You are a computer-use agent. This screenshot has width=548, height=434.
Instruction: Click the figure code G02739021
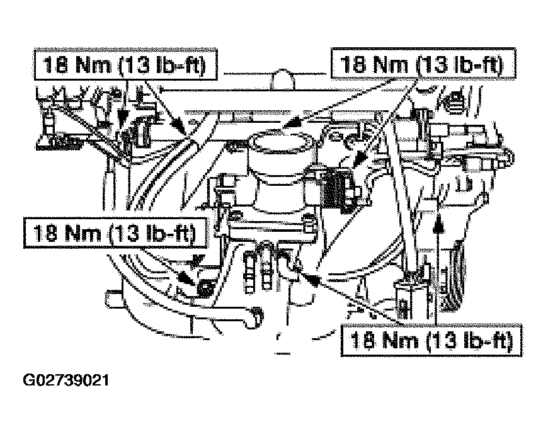[66, 380]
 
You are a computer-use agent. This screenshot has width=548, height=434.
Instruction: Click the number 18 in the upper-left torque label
[55, 65]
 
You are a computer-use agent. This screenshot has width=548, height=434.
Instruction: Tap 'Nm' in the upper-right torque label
[391, 65]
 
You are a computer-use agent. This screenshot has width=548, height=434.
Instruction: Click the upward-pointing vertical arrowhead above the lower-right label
[438, 226]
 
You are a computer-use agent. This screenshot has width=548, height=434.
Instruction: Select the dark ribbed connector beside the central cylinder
[336, 190]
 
